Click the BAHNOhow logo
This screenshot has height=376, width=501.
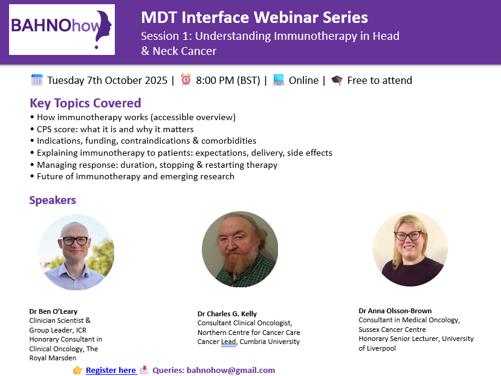[62, 29]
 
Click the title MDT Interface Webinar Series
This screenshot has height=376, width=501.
[254, 18]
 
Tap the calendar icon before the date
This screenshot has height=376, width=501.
[37, 80]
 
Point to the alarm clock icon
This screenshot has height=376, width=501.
[186, 80]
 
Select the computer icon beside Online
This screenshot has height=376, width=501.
[279, 80]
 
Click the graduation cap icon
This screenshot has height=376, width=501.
[337, 80]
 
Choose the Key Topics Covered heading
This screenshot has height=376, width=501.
[85, 103]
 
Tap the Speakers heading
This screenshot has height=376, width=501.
[53, 200]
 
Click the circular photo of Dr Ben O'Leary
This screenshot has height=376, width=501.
[76, 252]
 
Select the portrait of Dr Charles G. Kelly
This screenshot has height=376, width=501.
[240, 249]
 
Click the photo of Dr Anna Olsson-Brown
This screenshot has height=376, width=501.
[410, 248]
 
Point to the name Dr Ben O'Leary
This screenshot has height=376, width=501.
[53, 311]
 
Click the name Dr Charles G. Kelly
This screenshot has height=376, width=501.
[227, 314]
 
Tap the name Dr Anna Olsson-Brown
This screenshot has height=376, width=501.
[395, 311]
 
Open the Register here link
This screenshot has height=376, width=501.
[111, 370]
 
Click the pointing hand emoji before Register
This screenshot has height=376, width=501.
[78, 370]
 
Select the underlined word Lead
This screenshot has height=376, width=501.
[228, 342]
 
